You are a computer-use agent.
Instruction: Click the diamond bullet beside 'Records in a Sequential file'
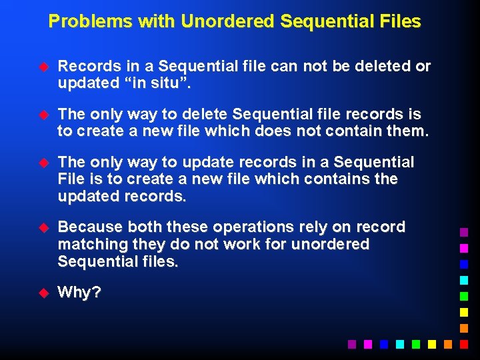coord(45,67)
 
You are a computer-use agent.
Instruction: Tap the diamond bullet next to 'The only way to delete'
coord(45,115)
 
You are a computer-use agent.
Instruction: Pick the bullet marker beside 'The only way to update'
coord(45,163)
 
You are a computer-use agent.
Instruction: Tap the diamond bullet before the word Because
coord(45,227)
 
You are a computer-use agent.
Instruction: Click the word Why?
coord(79,292)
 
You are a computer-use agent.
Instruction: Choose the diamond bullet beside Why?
coord(45,292)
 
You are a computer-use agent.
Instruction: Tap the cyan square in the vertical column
coord(464,280)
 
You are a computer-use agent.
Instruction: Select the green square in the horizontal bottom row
coord(416,344)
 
